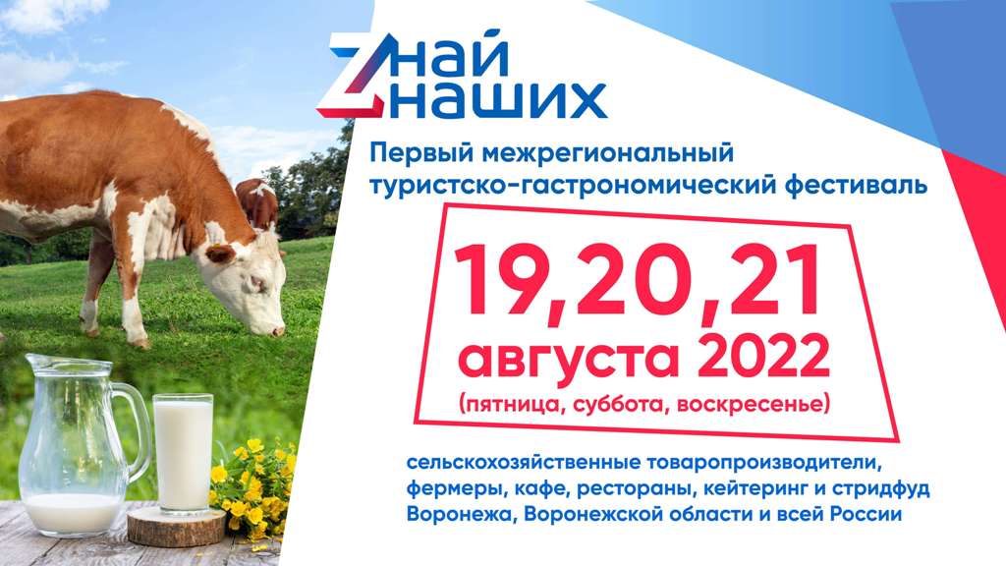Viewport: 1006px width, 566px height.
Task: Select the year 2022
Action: pyautogui.click(x=763, y=358)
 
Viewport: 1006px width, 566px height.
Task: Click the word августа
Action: pyautogui.click(x=569, y=361)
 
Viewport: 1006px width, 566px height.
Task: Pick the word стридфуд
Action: pyautogui.click(x=880, y=488)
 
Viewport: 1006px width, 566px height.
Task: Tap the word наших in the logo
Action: pyautogui.click(x=498, y=99)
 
